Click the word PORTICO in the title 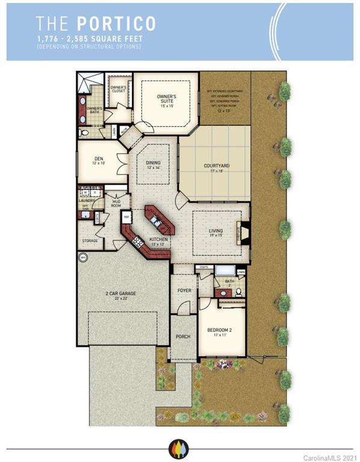(x=116, y=23)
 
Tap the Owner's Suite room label (x=166, y=99)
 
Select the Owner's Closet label (x=118, y=89)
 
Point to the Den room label (x=99, y=161)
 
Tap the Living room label (x=216, y=233)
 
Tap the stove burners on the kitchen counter (x=137, y=242)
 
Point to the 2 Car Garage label (x=122, y=295)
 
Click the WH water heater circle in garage (x=82, y=257)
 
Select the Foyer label (x=184, y=290)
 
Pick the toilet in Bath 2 (x=238, y=292)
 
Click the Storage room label (x=90, y=241)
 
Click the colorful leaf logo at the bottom (x=180, y=448)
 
